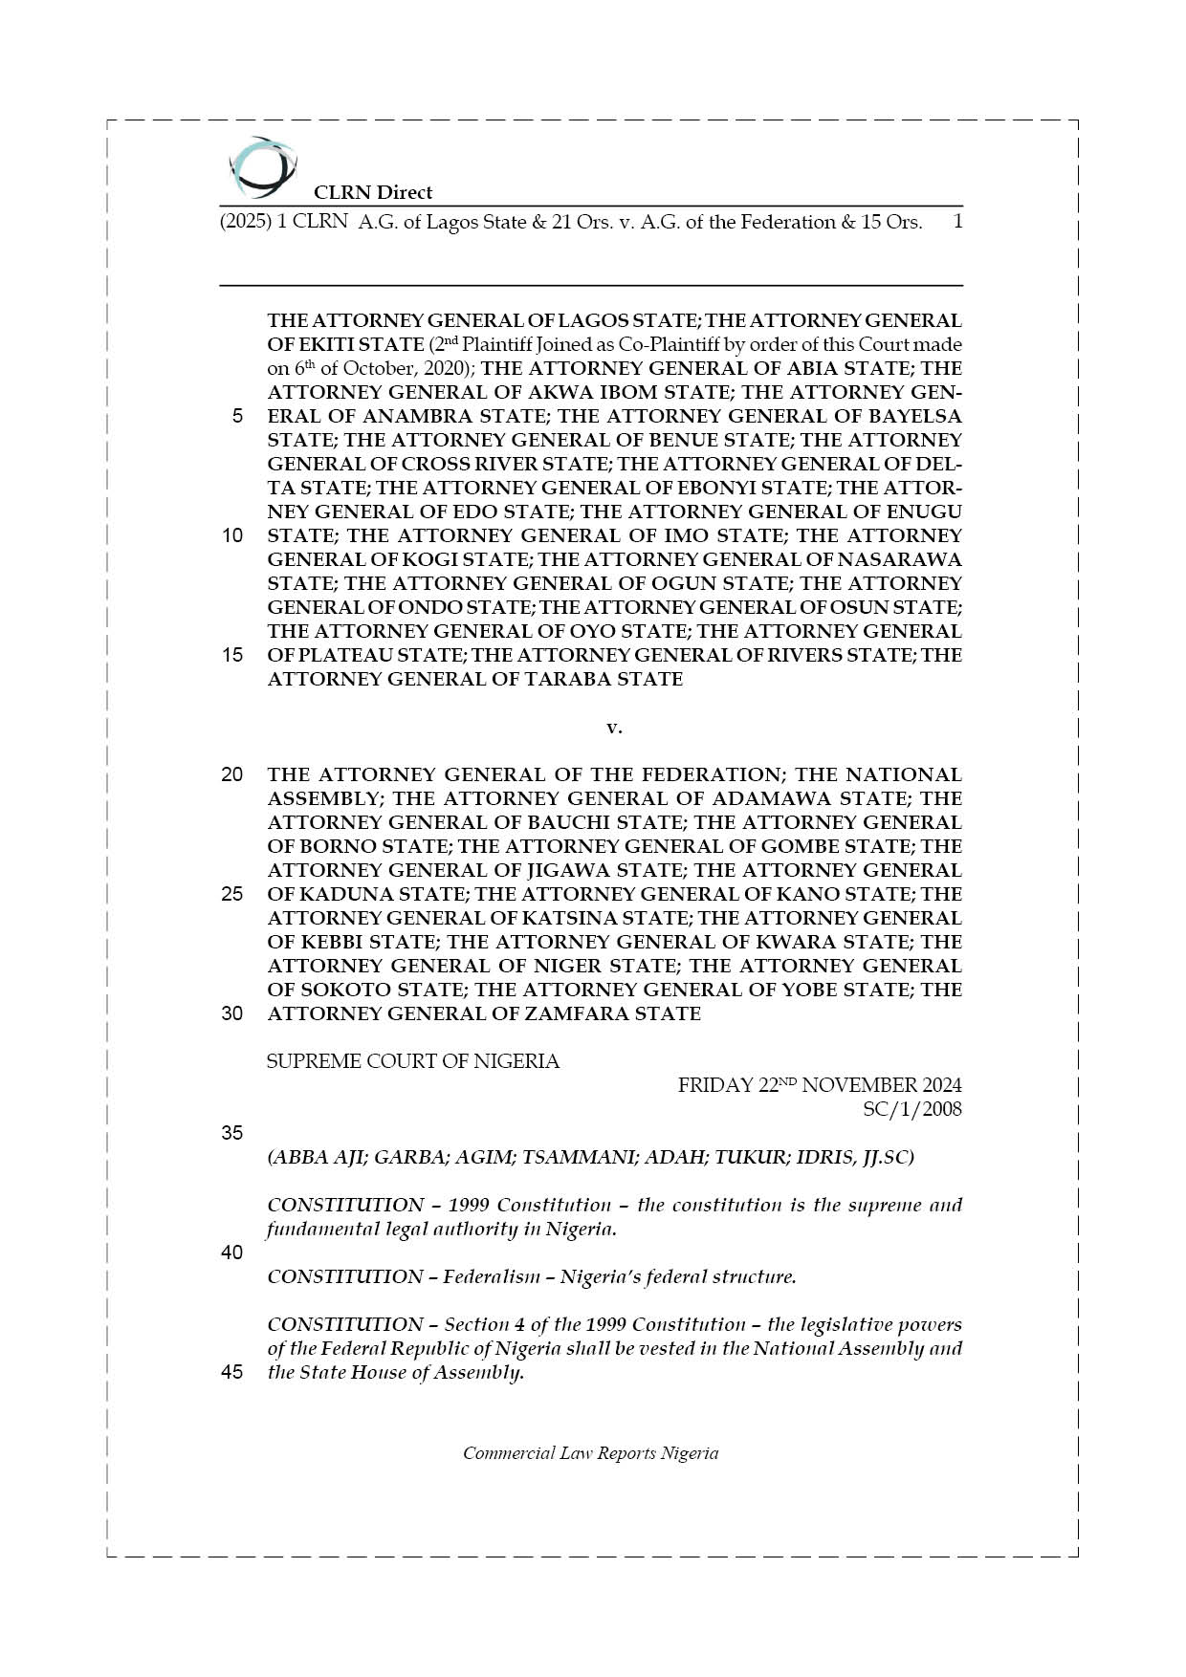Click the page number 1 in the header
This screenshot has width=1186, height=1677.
pyautogui.click(x=956, y=222)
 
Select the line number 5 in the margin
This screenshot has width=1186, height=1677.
pyautogui.click(x=236, y=416)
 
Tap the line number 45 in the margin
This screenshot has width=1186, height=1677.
pyautogui.click(x=231, y=1373)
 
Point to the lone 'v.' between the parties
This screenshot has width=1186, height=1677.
pyautogui.click(x=614, y=728)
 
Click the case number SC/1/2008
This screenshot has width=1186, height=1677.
pyautogui.click(x=911, y=1109)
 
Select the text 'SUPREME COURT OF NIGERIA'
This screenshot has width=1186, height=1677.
pyautogui.click(x=413, y=1061)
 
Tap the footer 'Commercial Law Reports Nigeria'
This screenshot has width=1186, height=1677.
pyautogui.click(x=590, y=1453)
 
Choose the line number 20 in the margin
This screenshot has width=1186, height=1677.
pyautogui.click(x=231, y=774)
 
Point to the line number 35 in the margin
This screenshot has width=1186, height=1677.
pyautogui.click(x=231, y=1133)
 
